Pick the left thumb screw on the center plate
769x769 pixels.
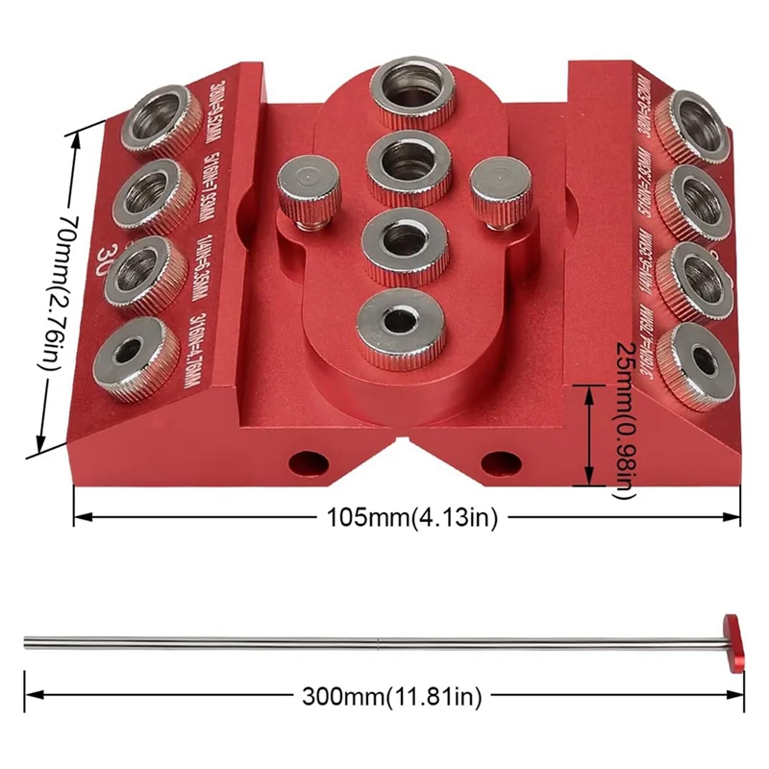coord(305,189)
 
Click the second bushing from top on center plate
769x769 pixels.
coord(409,163)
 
